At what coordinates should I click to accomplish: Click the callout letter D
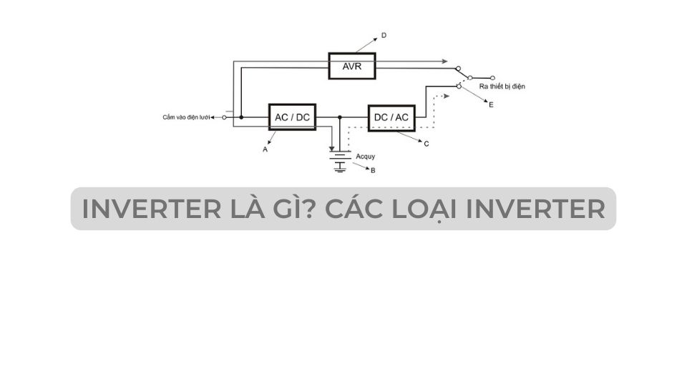[x=384, y=35]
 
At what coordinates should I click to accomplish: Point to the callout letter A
[x=265, y=149]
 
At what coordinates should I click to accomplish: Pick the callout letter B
[x=373, y=170]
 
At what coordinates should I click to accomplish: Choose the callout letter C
[x=427, y=144]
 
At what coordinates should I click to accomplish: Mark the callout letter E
[x=491, y=104]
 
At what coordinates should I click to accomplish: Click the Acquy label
[x=366, y=157]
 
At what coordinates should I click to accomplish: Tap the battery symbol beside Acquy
[x=341, y=162]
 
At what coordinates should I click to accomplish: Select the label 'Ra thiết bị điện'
[x=502, y=86]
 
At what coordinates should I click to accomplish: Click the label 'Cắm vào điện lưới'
[x=186, y=117]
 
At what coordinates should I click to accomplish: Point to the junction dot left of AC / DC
[x=241, y=117]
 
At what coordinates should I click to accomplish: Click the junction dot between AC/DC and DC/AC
[x=339, y=117]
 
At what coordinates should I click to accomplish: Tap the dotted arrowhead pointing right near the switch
[x=447, y=96]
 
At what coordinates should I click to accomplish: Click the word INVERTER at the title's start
[x=152, y=209]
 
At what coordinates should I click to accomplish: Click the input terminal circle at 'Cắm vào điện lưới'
[x=224, y=117]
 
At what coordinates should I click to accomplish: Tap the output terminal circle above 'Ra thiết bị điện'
[x=493, y=78]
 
